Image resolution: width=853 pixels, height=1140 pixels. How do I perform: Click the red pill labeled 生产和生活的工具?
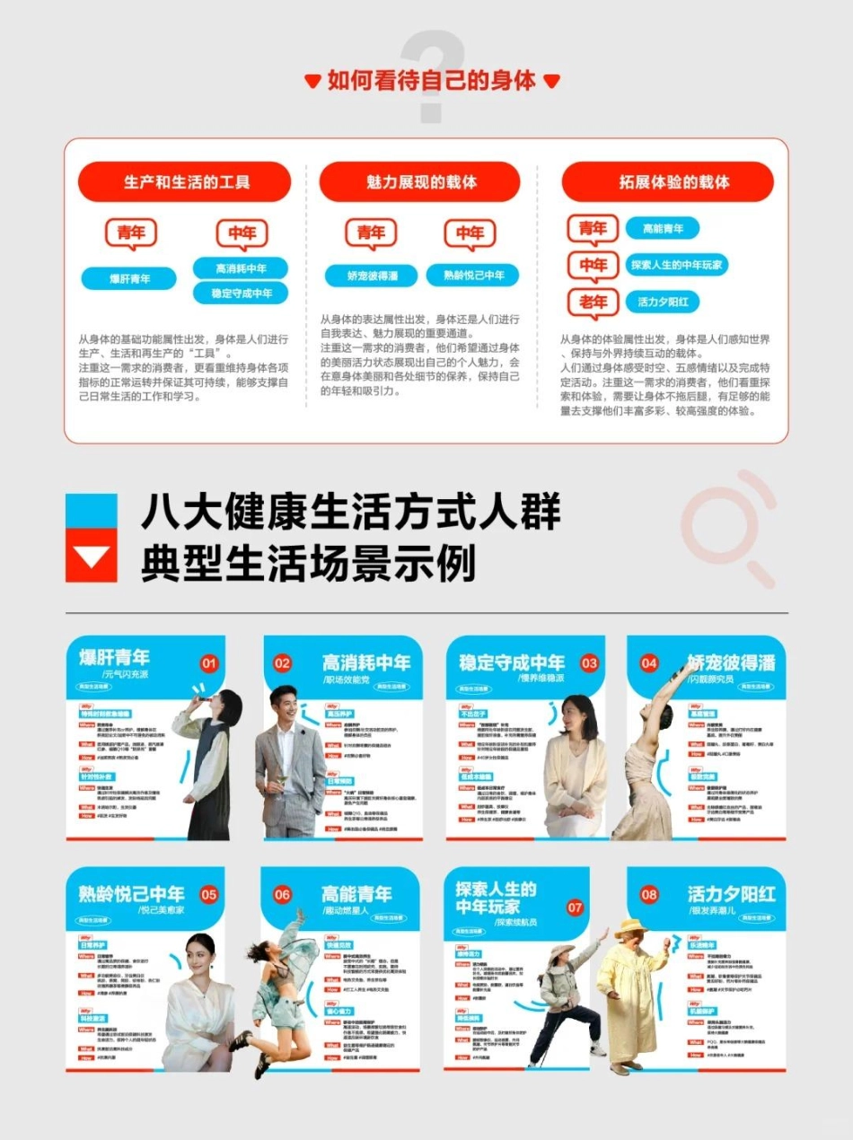tap(186, 182)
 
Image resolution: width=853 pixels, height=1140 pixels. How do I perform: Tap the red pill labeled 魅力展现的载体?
tap(421, 182)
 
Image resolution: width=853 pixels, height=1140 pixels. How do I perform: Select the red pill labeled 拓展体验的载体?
tap(667, 182)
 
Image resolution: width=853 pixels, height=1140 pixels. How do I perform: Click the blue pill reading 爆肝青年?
tap(129, 279)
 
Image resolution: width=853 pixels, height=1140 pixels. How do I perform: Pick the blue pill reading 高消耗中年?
tap(241, 268)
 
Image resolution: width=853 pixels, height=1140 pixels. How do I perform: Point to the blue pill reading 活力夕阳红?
tap(663, 303)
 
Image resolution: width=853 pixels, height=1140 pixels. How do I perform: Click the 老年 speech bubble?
tap(593, 302)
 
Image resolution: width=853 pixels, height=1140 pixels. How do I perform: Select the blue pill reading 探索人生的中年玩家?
tap(676, 266)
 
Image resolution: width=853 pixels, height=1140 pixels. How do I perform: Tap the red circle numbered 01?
tap(209, 663)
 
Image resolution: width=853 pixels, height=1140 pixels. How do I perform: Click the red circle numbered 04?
tap(649, 663)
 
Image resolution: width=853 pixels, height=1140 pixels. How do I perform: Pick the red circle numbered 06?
tap(283, 894)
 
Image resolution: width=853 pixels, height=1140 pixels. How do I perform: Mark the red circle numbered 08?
tap(648, 894)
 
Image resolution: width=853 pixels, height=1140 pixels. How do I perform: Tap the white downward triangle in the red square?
tap(91, 557)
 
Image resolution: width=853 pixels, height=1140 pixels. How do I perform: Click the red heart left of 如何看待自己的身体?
tap(312, 82)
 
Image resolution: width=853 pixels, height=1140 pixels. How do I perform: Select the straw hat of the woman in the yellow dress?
tap(630, 925)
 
